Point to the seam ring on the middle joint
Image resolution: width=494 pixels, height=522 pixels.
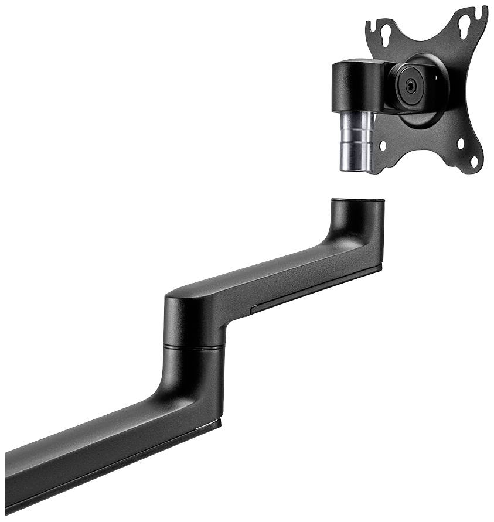point(194,347)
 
